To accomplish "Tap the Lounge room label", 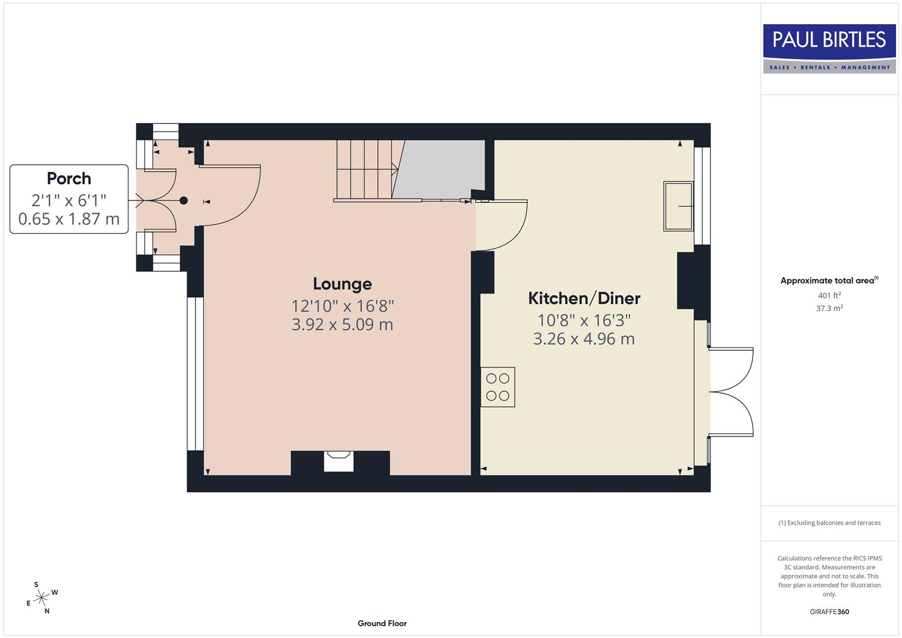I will pyautogui.click(x=342, y=284).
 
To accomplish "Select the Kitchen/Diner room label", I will pyautogui.click(x=584, y=298).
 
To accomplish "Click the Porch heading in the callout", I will pyautogui.click(x=69, y=178).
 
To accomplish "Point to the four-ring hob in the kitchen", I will pyautogui.click(x=497, y=387).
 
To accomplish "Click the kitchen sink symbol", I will pyautogui.click(x=678, y=206).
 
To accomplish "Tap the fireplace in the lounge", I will pyautogui.click(x=338, y=461).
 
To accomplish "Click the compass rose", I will pyautogui.click(x=41, y=598).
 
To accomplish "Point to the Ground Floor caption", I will pyautogui.click(x=382, y=623).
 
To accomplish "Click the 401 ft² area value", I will pyautogui.click(x=829, y=295).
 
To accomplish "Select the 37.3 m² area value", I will pyautogui.click(x=829, y=308).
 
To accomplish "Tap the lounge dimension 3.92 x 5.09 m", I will pyautogui.click(x=342, y=324).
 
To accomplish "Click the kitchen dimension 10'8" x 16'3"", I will pyautogui.click(x=584, y=320).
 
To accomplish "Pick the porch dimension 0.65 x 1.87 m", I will pyautogui.click(x=69, y=219).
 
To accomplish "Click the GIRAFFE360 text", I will pyautogui.click(x=829, y=611).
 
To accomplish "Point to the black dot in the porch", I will pyautogui.click(x=184, y=201).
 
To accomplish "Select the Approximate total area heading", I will pyautogui.click(x=829, y=281).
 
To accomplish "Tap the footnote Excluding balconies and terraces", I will pyautogui.click(x=829, y=523).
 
